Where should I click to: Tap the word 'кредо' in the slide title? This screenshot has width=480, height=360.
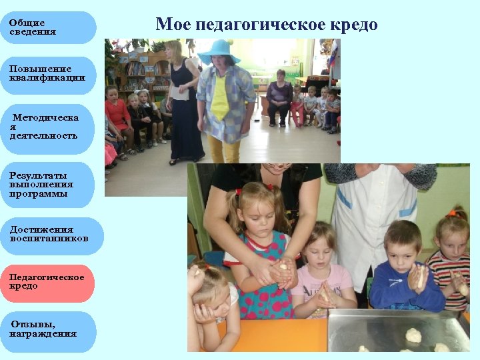pyautogui.click(x=353, y=25)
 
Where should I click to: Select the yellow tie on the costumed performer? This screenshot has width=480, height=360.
pyautogui.click(x=219, y=100)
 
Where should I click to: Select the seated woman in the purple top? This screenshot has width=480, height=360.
pyautogui.click(x=279, y=97)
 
